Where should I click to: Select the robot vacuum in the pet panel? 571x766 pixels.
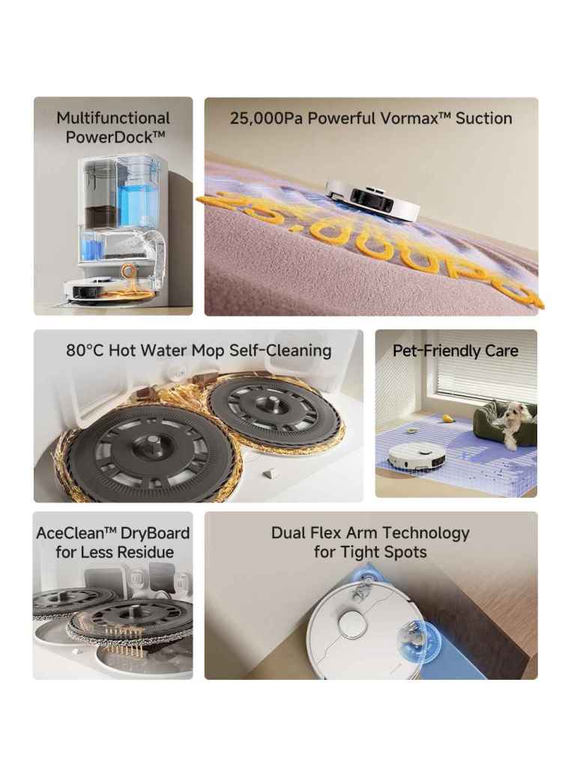click(417, 457)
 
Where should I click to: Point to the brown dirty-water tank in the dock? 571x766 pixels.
click(101, 214)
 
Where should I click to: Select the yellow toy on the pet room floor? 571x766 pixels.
click(447, 418)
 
